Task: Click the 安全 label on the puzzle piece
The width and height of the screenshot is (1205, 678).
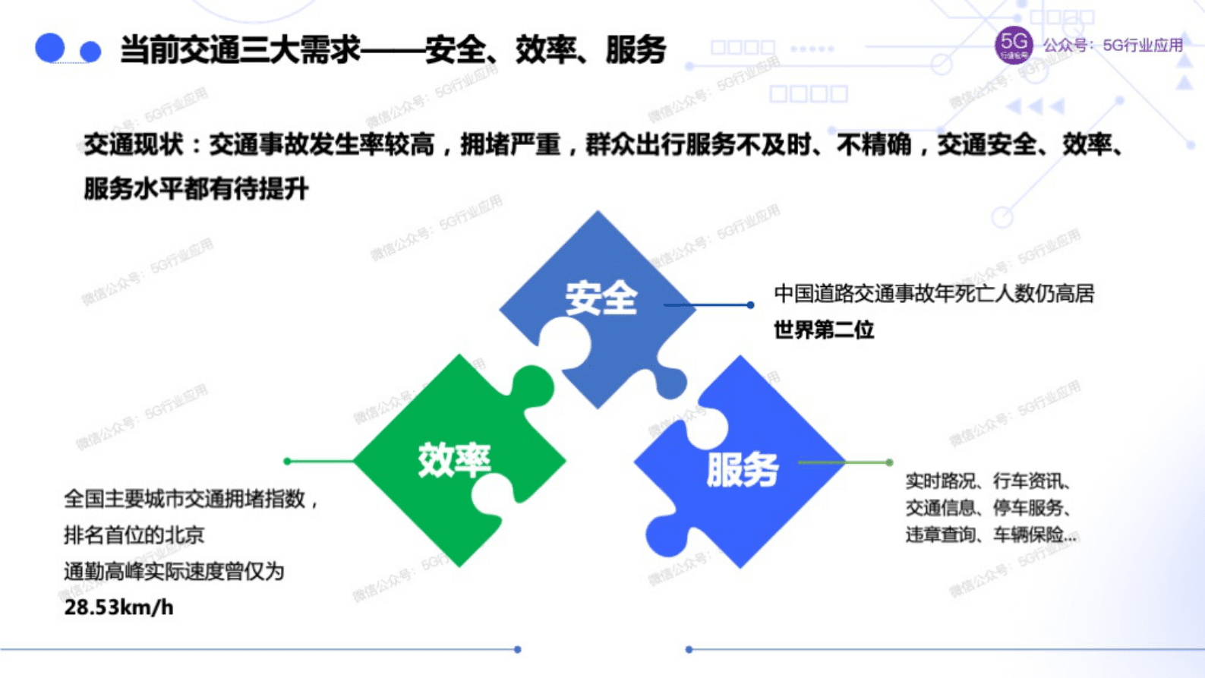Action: [x=601, y=298]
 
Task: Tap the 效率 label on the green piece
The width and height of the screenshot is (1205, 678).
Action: [x=454, y=461]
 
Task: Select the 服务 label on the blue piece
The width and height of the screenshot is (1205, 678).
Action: [x=742, y=470]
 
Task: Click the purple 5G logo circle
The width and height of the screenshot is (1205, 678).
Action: [x=1014, y=46]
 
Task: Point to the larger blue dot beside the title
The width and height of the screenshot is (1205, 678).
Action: [x=50, y=48]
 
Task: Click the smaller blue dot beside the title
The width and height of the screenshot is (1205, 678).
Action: [x=90, y=52]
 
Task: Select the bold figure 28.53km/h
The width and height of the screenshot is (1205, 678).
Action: [x=118, y=607]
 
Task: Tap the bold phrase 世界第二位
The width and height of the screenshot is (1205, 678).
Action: [x=824, y=330]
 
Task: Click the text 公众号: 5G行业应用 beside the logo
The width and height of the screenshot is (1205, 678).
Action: [x=1112, y=46]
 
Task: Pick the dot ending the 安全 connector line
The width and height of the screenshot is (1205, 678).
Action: [x=750, y=305]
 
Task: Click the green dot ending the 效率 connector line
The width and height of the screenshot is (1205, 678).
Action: [x=287, y=461]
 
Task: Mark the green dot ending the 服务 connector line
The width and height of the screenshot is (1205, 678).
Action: [x=889, y=462]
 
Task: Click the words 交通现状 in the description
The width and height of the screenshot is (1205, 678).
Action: [x=133, y=144]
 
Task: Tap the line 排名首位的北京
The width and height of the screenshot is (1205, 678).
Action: [x=134, y=535]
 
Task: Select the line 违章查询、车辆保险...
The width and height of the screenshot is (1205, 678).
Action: [x=990, y=535]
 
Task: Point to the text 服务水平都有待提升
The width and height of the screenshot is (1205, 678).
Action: [x=196, y=189]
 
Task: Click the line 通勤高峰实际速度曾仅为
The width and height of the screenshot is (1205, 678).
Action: [x=174, y=571]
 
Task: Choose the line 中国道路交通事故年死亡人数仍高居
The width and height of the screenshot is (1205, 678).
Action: [x=933, y=294]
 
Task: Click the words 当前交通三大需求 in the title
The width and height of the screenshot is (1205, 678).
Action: [x=240, y=50]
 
